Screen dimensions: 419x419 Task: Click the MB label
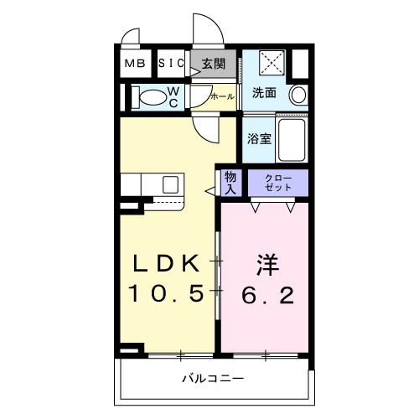pos(134,63)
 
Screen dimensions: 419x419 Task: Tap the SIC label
pos(171,63)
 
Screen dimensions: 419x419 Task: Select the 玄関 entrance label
pos(214,63)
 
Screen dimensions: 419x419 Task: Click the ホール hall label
pos(221,96)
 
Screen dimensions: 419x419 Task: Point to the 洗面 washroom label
pos(264,93)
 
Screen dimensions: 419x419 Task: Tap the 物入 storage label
pos(230,181)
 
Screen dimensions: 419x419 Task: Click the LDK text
pos(168,264)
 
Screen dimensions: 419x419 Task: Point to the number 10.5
pos(168,293)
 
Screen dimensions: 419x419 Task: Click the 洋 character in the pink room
pos(266,264)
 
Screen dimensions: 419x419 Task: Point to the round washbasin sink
pos(297,96)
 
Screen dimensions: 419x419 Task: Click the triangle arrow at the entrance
pos(194,74)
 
